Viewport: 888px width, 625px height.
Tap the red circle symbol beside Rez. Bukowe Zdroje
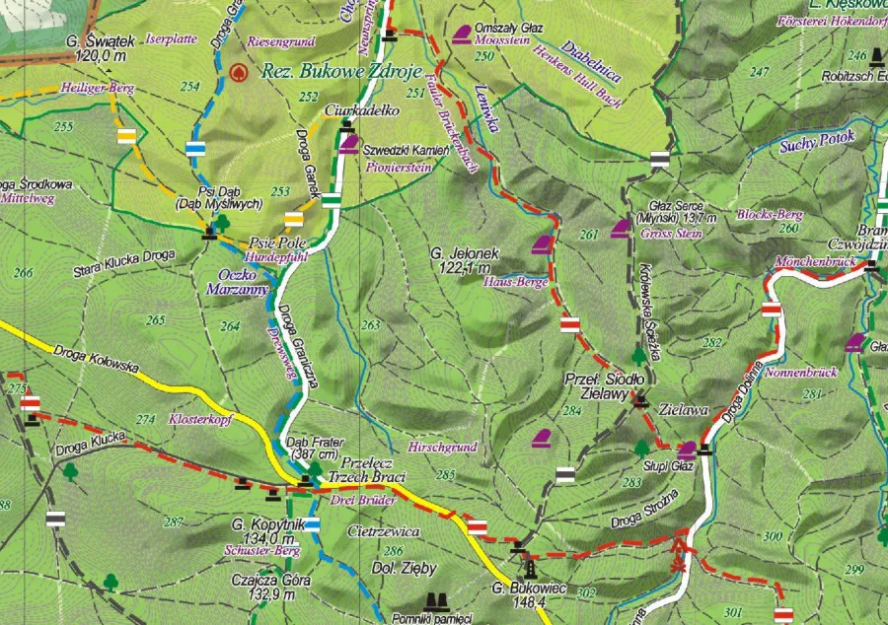237,72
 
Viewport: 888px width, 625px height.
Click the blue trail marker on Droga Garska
194,149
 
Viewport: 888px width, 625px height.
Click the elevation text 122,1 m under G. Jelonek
469,268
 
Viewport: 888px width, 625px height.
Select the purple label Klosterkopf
198,419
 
